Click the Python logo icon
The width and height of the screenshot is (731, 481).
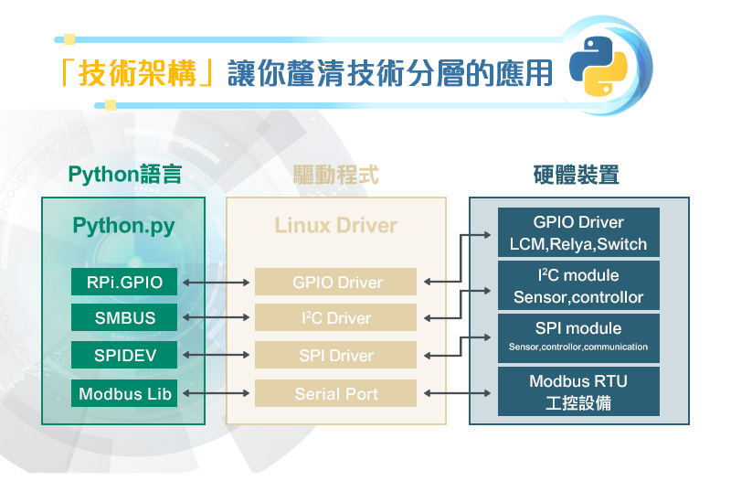tap(599, 66)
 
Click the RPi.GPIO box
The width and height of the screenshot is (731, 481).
tap(124, 282)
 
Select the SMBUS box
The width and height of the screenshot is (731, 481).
tap(124, 317)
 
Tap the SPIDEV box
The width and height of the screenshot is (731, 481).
tap(124, 355)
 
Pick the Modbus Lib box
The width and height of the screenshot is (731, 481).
tap(124, 393)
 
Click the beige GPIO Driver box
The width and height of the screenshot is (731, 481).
tap(335, 282)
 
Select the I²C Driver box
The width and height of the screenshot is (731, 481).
tap(335, 317)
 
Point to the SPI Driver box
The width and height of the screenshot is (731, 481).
tap(335, 355)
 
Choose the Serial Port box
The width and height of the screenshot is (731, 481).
tap(335, 393)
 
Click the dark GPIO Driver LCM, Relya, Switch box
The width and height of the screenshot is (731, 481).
tap(578, 232)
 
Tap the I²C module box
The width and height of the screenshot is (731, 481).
tap(578, 285)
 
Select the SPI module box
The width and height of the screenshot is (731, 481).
tap(578, 338)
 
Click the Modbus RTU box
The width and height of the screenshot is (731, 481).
tap(578, 391)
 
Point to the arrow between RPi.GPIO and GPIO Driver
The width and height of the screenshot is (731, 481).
tap(216, 283)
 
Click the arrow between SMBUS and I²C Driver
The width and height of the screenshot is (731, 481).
tap(216, 317)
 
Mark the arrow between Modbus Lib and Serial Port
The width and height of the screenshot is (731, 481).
tap(216, 393)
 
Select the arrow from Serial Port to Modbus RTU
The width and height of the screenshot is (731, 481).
tap(458, 393)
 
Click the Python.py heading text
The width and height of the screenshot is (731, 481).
tap(123, 226)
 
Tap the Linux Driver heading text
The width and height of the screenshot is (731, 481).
tap(335, 225)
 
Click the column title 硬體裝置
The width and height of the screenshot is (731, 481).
tap(577, 175)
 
